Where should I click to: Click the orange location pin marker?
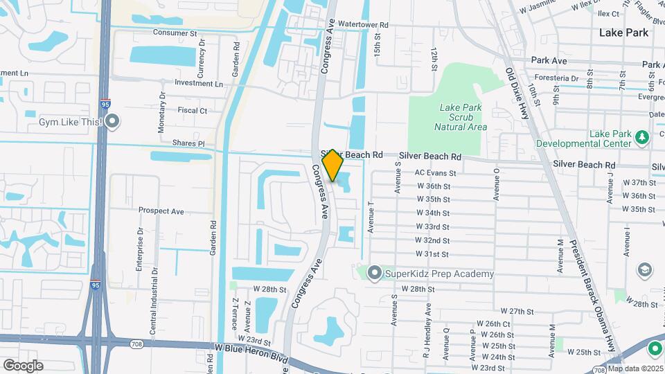click(x=332, y=166)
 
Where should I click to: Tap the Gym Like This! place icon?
click(x=112, y=122)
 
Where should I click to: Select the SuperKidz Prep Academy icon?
click(x=375, y=274)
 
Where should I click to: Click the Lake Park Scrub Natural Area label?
click(x=461, y=117)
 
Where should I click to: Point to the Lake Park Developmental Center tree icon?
click(x=642, y=136)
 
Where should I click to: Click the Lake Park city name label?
click(x=623, y=33)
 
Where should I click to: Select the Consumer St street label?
click(x=175, y=33)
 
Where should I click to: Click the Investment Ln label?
click(x=199, y=84)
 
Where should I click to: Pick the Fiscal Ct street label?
click(x=193, y=110)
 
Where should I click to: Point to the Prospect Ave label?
click(x=161, y=211)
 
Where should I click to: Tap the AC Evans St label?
click(x=435, y=173)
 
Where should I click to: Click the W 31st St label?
click(x=432, y=254)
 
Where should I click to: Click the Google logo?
click(x=23, y=366)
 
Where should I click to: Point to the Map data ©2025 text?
click(x=635, y=368)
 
